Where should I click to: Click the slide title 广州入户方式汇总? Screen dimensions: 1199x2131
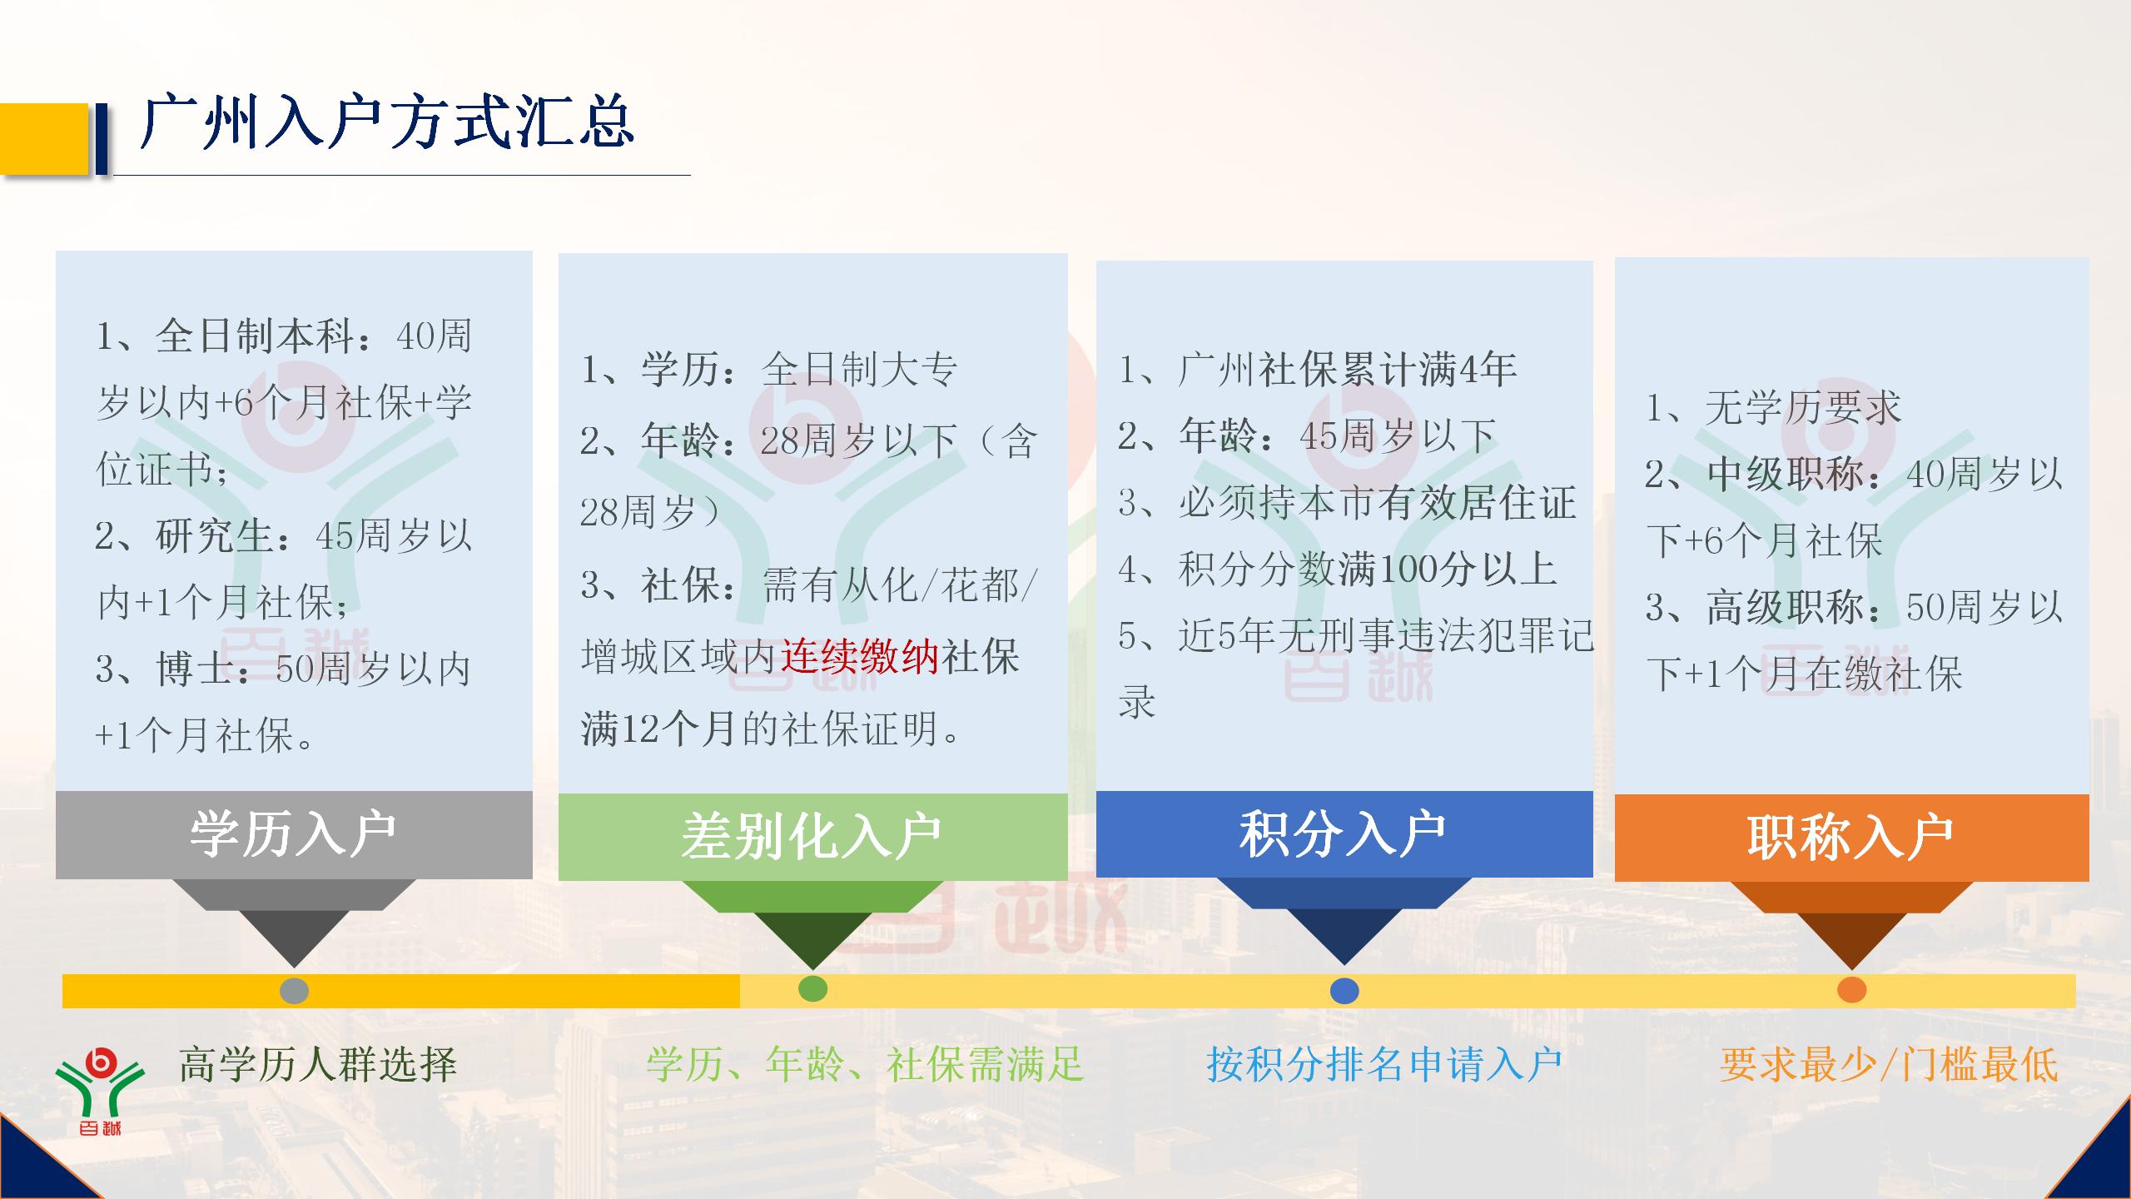coord(388,123)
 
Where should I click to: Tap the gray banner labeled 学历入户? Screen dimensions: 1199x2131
coord(293,834)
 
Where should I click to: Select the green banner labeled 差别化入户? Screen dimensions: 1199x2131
coord(812,836)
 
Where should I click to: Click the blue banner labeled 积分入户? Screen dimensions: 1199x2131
coord(1344,833)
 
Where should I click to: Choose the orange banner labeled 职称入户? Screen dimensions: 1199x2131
coord(1850,837)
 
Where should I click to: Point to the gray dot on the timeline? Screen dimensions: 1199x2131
coord(294,991)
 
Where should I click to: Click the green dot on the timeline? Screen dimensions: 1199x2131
coord(812,988)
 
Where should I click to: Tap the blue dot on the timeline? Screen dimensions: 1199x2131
coord(1344,991)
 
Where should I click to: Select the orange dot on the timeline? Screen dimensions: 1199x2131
coord(1851,990)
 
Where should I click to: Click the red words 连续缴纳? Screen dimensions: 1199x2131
coord(860,657)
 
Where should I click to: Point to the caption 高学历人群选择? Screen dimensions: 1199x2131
coord(318,1065)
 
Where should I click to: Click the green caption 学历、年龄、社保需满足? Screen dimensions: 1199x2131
coord(865,1065)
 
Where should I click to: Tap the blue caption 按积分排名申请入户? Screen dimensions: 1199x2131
coord(1384,1065)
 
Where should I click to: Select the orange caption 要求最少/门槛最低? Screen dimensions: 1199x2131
coord(1889,1065)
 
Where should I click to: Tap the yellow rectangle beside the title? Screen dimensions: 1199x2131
coord(43,138)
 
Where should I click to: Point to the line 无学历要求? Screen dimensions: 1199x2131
coord(1802,408)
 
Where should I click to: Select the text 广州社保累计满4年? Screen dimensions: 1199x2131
coord(1346,370)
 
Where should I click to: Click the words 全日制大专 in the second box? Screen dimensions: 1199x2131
coord(859,370)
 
